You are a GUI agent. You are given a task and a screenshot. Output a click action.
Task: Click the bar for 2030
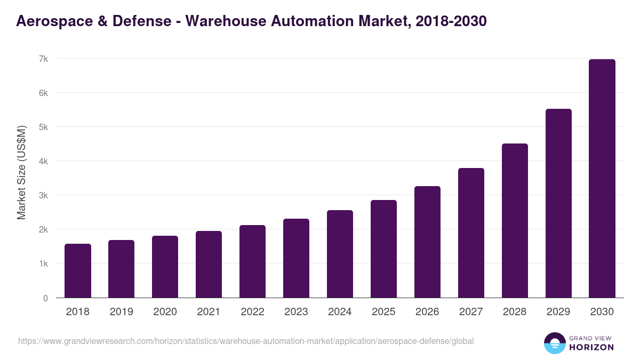pos(602,179)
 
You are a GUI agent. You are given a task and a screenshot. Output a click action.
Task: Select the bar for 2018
pos(78,271)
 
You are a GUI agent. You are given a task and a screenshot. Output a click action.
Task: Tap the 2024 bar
pos(340,254)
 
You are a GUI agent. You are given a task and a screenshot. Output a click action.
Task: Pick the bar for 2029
pos(558,203)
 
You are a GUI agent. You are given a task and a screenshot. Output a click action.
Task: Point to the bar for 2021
pos(209,265)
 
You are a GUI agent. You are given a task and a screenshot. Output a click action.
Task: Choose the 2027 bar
pos(471,233)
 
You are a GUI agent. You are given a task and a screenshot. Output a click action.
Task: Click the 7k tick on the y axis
pos(43,59)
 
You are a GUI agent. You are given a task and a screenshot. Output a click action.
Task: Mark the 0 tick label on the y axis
pos(45,298)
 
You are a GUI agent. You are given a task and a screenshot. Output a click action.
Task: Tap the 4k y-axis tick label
pos(43,161)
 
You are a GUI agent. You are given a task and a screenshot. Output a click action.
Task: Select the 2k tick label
pos(43,229)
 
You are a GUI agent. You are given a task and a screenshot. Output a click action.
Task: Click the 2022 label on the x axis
pos(252,312)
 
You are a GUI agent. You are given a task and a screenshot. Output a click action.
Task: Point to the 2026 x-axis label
pos(427,312)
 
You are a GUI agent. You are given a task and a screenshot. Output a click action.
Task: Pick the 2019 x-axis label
pos(121,312)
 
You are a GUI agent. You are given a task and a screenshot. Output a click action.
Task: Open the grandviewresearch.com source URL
pos(245,341)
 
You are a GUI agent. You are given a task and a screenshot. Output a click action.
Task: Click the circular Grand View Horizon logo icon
pos(554,343)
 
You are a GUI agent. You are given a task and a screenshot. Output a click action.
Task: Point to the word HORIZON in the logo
pos(592,347)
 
